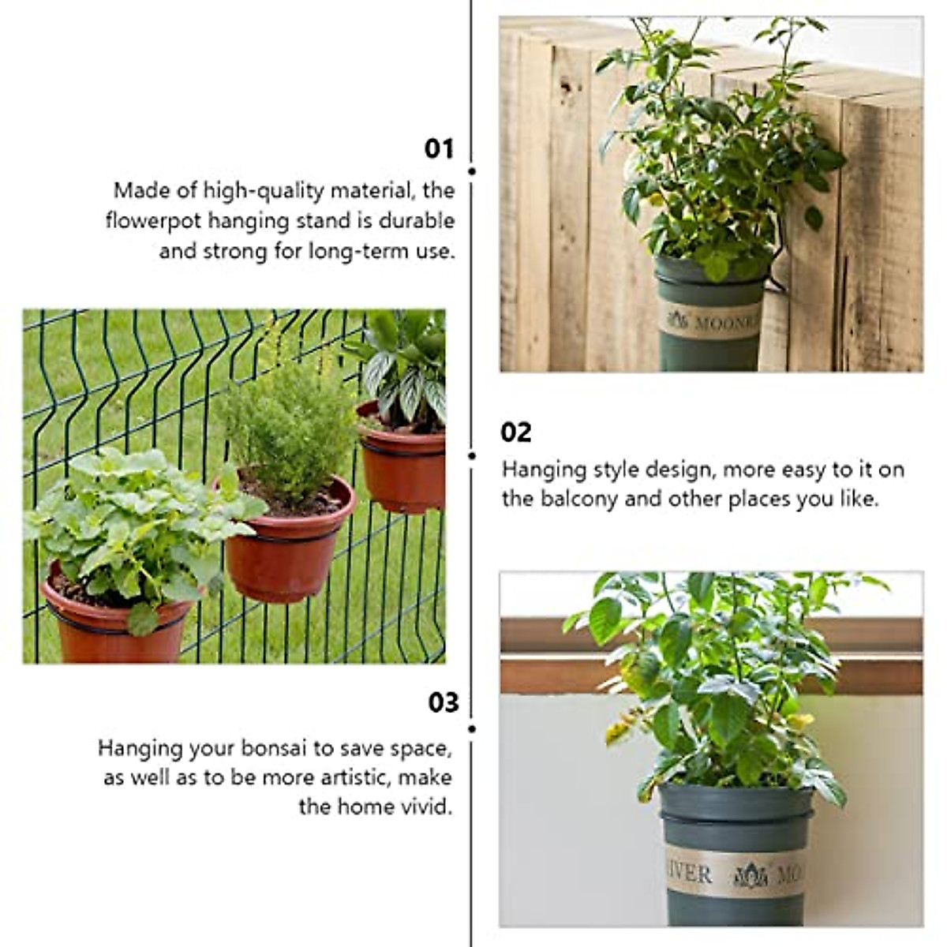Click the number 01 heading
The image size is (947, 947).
tap(440, 149)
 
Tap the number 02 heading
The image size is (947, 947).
tap(516, 432)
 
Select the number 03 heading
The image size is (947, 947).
tap(444, 702)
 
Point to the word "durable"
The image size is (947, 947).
tap(417, 220)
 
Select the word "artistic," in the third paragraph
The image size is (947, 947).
tap(348, 777)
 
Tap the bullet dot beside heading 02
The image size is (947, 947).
tap(472, 455)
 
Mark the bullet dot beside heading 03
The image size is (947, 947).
tap(472, 729)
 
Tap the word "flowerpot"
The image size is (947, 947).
tap(155, 220)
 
